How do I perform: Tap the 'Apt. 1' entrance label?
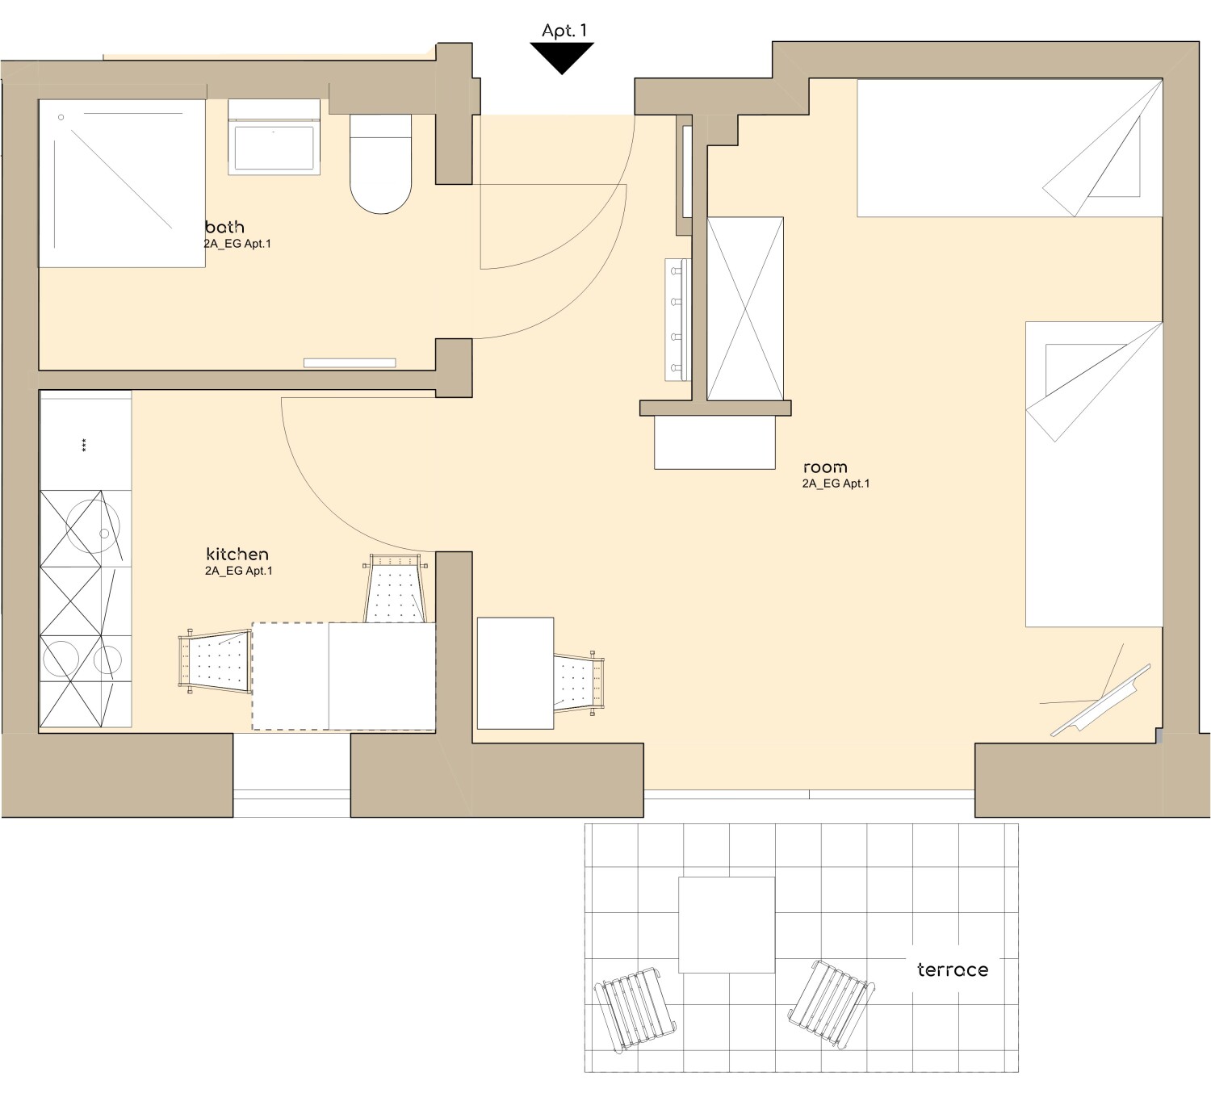click(x=564, y=31)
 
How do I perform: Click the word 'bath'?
click(x=224, y=227)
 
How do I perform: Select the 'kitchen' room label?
click(x=237, y=554)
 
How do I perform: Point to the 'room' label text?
click(x=825, y=468)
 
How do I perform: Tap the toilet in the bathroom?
click(x=380, y=164)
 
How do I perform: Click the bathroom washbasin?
click(x=274, y=137)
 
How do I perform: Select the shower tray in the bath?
click(x=122, y=183)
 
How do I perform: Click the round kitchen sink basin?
click(x=93, y=526)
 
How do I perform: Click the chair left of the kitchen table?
click(x=215, y=662)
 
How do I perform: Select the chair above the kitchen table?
click(x=395, y=588)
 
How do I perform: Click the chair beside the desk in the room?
click(x=579, y=683)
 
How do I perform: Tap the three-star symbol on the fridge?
click(x=83, y=445)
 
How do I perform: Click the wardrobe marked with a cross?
click(x=745, y=308)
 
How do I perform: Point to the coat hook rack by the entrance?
click(x=677, y=319)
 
